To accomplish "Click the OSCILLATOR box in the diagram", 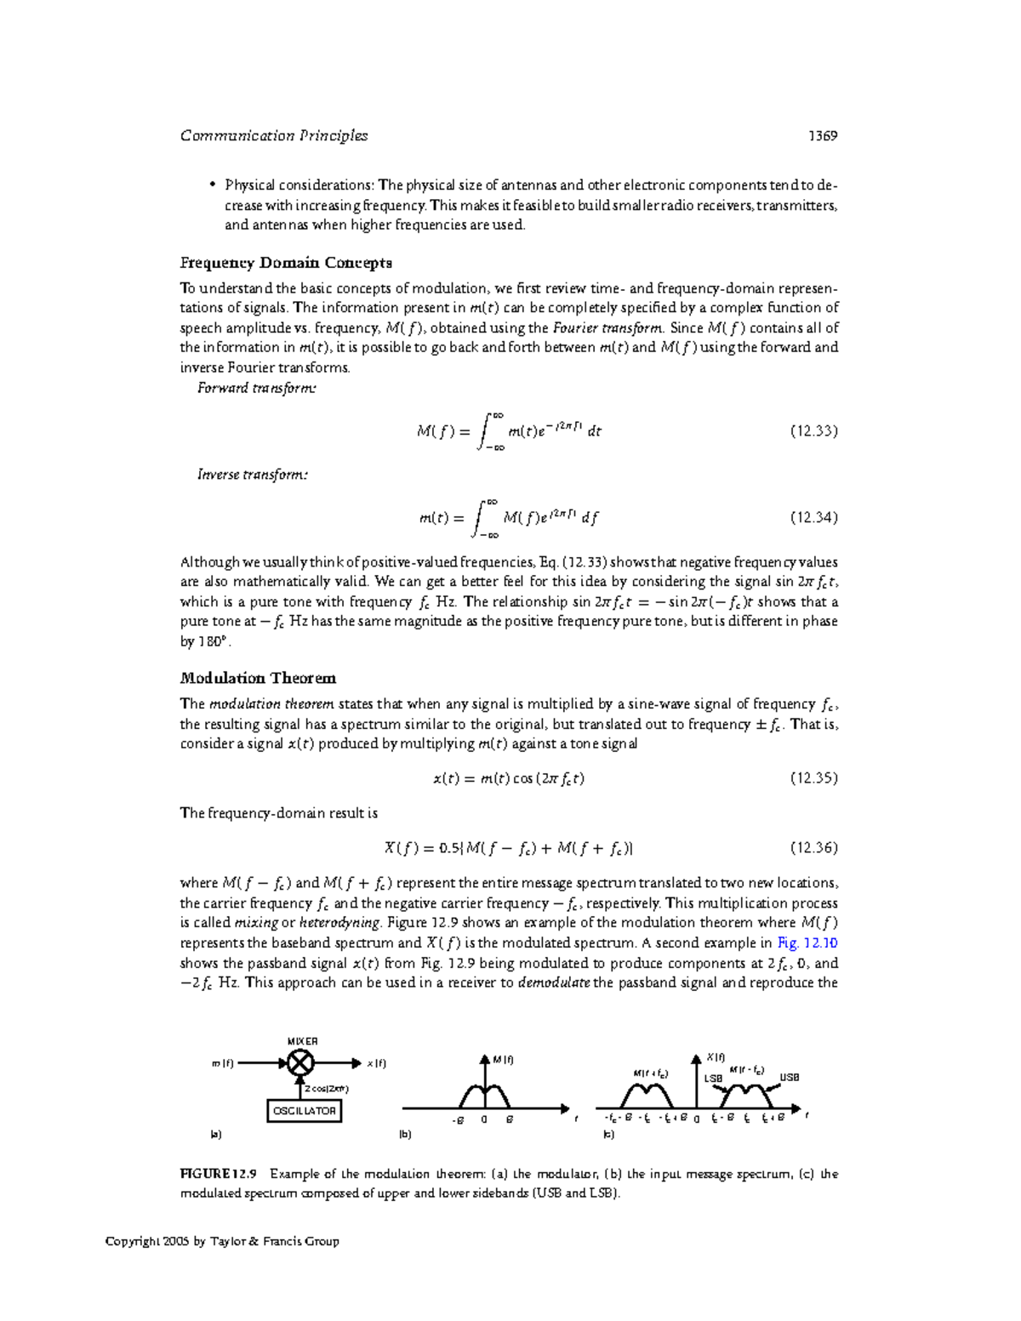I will pyautogui.click(x=304, y=1111).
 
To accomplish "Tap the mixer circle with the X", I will pyautogui.click(x=300, y=1063).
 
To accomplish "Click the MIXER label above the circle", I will pyautogui.click(x=302, y=1041).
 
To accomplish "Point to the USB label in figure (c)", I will pyautogui.click(x=790, y=1077).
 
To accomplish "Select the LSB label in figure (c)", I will pyautogui.click(x=713, y=1079).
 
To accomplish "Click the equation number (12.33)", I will pyautogui.click(x=813, y=431).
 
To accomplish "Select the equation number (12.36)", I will pyautogui.click(x=813, y=848).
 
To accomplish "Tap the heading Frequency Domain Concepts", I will pyautogui.click(x=286, y=263).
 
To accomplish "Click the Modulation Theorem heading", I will pyautogui.click(x=258, y=679).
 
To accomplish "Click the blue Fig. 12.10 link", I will pyautogui.click(x=807, y=943).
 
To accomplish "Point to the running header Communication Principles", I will pyautogui.click(x=274, y=136).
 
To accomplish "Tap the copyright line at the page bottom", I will pyautogui.click(x=222, y=1242).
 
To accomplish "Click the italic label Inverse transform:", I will pyautogui.click(x=253, y=475).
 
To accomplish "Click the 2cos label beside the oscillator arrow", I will pyautogui.click(x=327, y=1089).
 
